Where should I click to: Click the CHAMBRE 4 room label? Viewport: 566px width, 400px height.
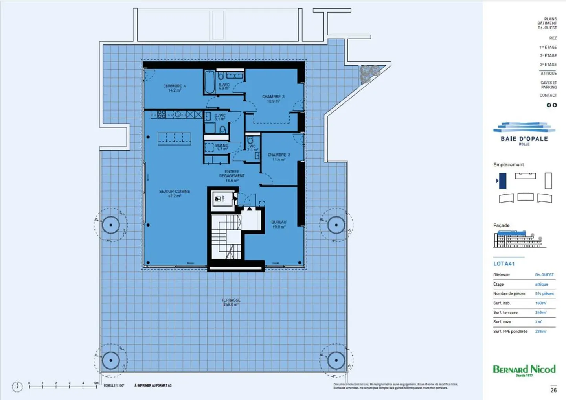tap(174, 88)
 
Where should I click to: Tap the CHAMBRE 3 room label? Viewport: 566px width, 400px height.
tap(273, 99)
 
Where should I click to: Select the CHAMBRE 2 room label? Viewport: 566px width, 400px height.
tap(279, 157)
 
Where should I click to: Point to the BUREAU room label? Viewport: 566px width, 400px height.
tap(279, 224)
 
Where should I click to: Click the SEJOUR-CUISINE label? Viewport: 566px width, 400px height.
tap(175, 194)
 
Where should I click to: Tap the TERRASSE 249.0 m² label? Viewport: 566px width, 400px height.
tap(231, 302)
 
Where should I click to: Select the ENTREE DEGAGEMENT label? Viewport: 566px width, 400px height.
tap(232, 176)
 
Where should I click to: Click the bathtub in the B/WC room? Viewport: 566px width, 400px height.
tap(209, 82)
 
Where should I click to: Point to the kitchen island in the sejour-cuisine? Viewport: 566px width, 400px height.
tap(174, 138)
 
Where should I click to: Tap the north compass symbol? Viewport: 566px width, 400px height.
tap(17, 387)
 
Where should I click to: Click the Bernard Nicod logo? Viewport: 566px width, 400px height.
tap(524, 370)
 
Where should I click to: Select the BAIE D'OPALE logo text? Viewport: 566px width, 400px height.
tap(524, 139)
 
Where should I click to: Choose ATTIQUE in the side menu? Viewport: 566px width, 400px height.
tap(548, 74)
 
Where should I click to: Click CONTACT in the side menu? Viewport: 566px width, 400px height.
tap(548, 96)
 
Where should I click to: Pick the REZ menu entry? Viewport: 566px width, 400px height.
tap(553, 38)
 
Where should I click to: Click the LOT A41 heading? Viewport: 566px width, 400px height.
tap(504, 264)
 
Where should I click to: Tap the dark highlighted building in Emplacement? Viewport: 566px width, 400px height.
tap(502, 181)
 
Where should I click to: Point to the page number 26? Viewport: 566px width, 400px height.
tap(553, 390)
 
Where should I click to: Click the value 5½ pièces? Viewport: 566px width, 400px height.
tap(544, 293)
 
